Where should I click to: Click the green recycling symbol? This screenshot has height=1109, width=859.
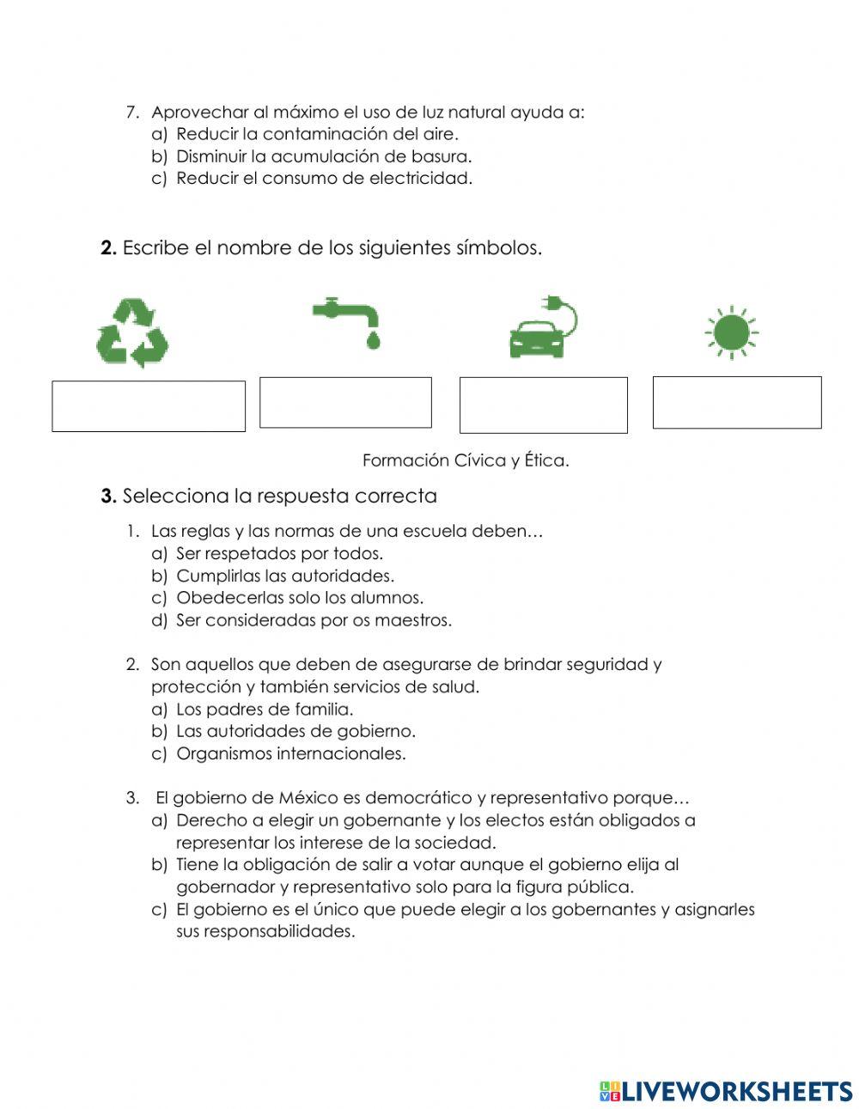coord(132,332)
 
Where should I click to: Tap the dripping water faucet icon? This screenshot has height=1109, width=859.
coord(347,321)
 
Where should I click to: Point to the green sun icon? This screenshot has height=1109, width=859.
coord(731,332)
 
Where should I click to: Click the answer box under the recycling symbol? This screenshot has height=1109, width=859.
coord(149,406)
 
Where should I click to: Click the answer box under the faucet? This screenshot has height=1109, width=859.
coord(345,402)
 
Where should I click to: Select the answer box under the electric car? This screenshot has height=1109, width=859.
coord(543,405)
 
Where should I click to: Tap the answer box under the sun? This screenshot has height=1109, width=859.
coord(737,402)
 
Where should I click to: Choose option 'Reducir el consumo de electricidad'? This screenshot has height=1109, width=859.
coord(324,179)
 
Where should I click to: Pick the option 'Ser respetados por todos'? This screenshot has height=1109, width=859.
coord(279,553)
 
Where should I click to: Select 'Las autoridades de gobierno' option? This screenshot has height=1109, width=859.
coord(295,731)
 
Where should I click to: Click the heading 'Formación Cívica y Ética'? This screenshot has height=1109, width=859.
coord(466,460)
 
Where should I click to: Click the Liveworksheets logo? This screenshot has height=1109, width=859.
coord(726,1091)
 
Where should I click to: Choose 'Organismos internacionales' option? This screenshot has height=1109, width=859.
coord(290,753)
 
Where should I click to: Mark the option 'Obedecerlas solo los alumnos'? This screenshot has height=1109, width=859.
coord(300,598)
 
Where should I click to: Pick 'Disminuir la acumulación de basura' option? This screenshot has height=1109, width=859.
coord(324,156)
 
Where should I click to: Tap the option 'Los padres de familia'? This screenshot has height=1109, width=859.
coord(265,709)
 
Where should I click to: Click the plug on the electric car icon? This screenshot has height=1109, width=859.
coord(549,302)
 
